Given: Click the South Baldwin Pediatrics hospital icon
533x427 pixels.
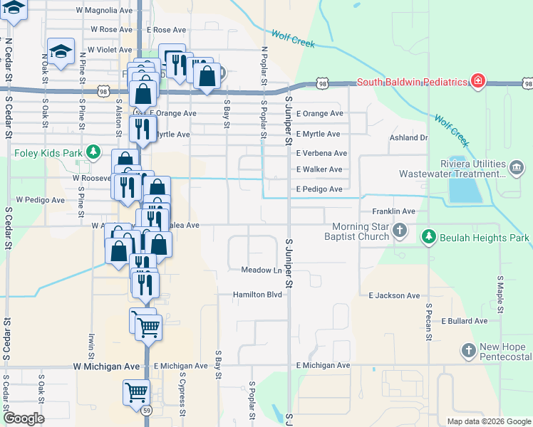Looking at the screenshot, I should tap(478, 81).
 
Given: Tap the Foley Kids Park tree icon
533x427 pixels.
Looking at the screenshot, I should tap(93, 152).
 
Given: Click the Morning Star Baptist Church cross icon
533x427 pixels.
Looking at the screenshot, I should tap(400, 230).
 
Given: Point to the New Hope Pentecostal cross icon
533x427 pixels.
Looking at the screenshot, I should tap(468, 350).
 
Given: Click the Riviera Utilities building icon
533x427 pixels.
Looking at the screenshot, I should tap(517, 168).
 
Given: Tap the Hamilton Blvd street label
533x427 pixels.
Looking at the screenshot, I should tap(258, 294).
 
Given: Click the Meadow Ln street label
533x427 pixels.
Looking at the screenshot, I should tap(262, 270).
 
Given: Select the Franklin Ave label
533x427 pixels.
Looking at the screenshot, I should tap(393, 211).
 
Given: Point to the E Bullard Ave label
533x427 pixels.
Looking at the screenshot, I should tap(465, 321).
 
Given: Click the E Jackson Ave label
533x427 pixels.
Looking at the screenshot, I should tap(394, 295).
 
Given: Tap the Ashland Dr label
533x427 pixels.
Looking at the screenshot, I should tap(408, 138).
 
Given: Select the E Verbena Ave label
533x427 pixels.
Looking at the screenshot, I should tap(321, 153).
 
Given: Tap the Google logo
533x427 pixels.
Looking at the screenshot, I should tap(24, 418).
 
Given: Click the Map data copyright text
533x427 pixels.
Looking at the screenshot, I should tap(489, 421).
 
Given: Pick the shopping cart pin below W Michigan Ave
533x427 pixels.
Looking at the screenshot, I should tap(135, 391).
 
